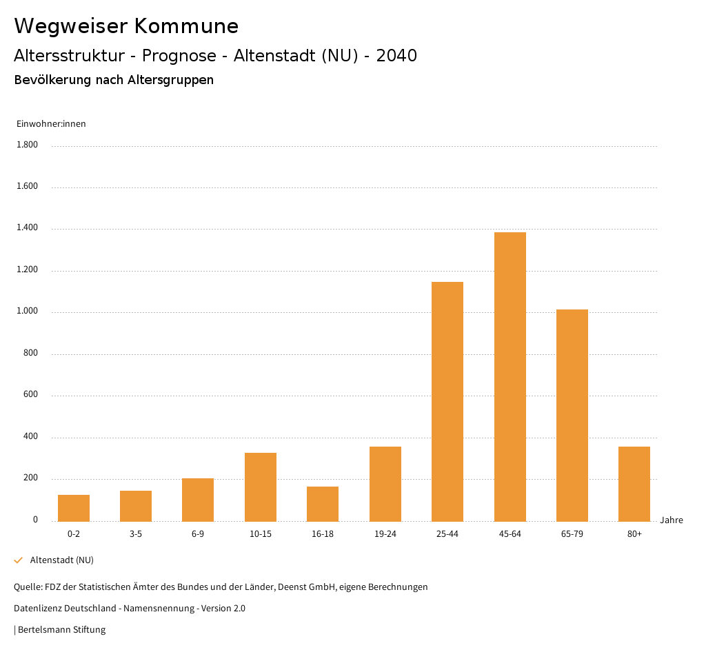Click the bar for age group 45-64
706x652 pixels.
point(510,376)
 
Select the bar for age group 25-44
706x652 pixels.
point(447,401)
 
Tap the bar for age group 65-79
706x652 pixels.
point(572,415)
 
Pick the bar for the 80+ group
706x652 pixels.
point(634,484)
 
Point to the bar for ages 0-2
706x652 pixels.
point(74,508)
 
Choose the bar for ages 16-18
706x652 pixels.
point(323,504)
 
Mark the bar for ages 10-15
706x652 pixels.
point(261,487)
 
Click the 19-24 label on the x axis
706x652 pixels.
point(385,534)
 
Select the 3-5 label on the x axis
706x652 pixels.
point(136,534)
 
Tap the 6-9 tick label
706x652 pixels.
point(198,534)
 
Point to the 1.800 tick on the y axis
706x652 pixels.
point(27,145)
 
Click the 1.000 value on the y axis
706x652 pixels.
point(27,312)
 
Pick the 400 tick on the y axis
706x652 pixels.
point(31,437)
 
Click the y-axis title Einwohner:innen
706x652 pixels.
point(51,124)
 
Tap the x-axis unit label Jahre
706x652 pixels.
point(671,520)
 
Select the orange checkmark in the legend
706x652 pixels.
point(19,560)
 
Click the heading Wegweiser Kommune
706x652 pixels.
point(126,26)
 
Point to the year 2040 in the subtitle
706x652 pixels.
point(396,56)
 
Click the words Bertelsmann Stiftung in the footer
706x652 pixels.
point(62,630)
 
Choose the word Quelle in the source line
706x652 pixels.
point(27,587)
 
